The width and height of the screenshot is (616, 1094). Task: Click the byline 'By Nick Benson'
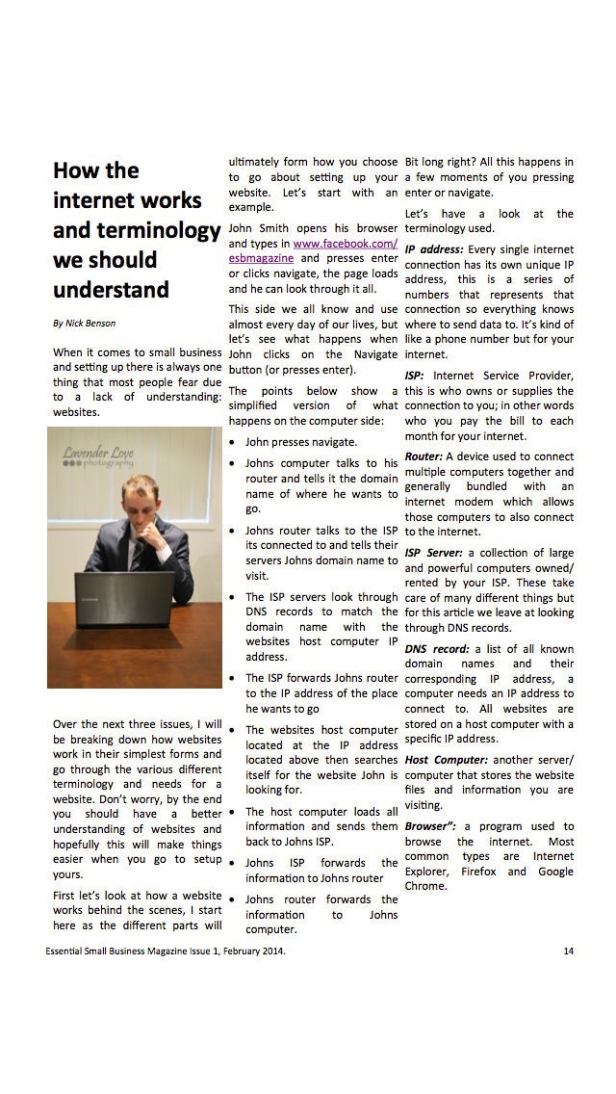pyautogui.click(x=85, y=324)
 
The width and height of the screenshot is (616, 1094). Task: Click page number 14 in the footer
pyautogui.click(x=569, y=951)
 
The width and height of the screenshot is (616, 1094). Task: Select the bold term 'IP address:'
pyautogui.click(x=438, y=249)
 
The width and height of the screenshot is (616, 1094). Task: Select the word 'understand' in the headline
pyautogui.click(x=111, y=290)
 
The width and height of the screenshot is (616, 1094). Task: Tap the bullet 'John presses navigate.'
pyautogui.click(x=301, y=442)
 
